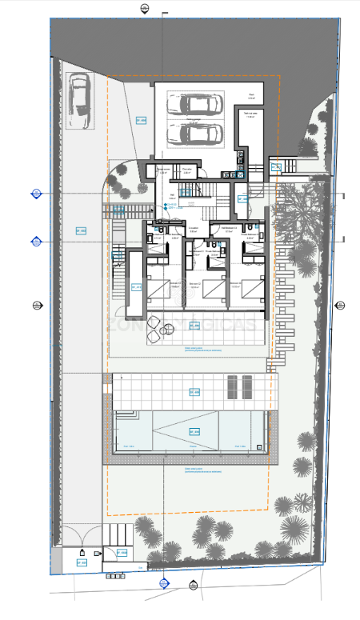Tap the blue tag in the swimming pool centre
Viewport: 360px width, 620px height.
tap(192, 432)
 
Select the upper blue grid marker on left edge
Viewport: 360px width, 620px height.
tap(36, 193)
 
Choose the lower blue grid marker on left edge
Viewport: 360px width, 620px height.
tap(36, 241)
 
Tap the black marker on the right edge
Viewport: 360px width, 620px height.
tap(338, 305)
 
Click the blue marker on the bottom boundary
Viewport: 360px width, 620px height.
tap(164, 582)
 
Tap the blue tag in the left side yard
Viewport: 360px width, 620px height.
tap(81, 230)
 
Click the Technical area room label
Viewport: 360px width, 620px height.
tap(250, 114)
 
